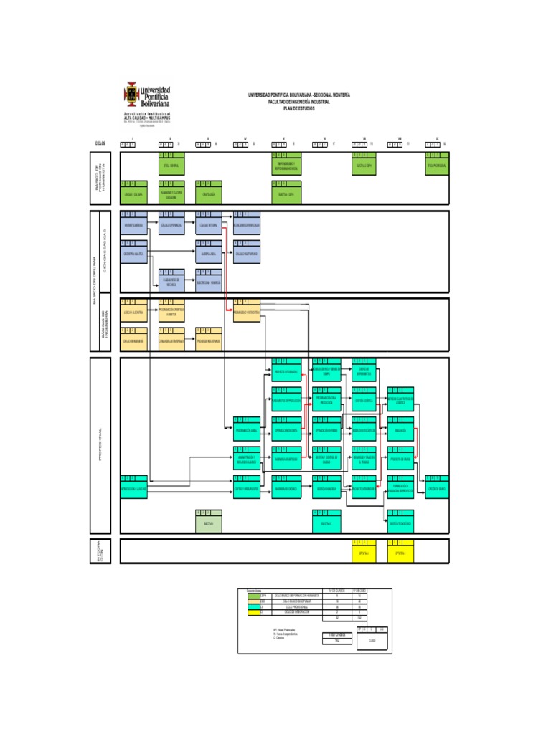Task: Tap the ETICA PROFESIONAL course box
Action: click(436, 166)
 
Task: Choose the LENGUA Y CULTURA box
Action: click(133, 194)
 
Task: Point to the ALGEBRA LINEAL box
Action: click(208, 254)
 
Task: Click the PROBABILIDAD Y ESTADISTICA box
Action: click(246, 313)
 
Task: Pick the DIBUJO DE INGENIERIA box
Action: click(133, 341)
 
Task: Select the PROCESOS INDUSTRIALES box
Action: click(208, 341)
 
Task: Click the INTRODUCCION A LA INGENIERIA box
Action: click(133, 489)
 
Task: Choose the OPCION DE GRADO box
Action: click(436, 489)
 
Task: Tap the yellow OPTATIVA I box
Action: click(362, 553)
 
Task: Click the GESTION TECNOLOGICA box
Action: click(400, 524)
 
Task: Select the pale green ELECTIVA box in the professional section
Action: click(208, 524)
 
